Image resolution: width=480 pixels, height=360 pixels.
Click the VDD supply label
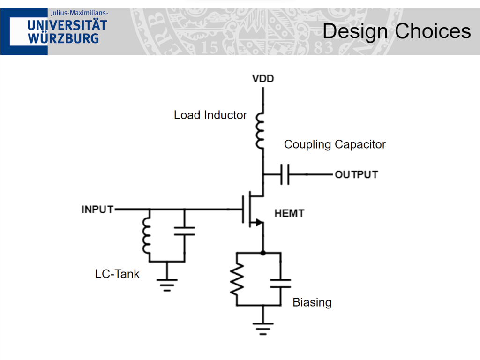click(262, 78)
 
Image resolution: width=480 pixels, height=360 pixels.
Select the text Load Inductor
click(210, 115)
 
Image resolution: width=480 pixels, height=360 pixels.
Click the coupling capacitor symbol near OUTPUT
click(285, 174)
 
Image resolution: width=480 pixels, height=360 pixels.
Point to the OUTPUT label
click(356, 174)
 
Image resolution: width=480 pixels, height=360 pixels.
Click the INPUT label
click(97, 209)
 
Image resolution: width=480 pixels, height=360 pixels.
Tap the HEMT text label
click(289, 213)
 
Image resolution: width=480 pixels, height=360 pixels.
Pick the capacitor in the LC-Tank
click(184, 230)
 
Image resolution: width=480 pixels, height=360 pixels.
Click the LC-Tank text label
click(117, 274)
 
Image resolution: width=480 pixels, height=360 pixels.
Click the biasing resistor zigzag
click(237, 279)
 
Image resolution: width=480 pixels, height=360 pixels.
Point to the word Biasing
click(312, 302)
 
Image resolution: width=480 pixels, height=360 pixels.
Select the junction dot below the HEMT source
click(262, 253)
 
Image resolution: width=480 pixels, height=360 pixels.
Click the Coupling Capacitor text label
click(335, 144)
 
